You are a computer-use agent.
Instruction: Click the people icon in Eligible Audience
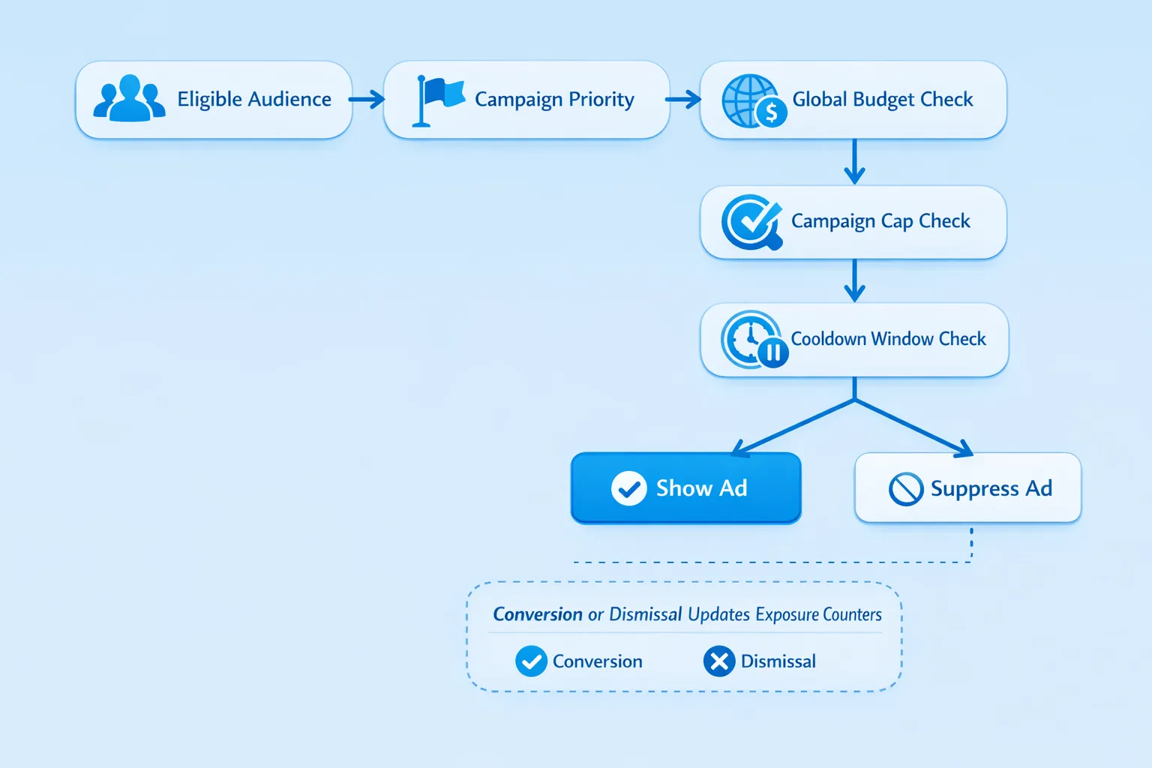click(x=129, y=99)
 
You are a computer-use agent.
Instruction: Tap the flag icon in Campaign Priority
click(x=438, y=100)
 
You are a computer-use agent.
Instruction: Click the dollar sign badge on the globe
click(x=771, y=114)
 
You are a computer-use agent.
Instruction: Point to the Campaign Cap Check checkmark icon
click(x=750, y=220)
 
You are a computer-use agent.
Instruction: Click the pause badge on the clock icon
click(x=772, y=352)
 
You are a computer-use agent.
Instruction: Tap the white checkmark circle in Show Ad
click(x=628, y=489)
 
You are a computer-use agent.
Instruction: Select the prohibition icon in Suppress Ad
click(x=905, y=489)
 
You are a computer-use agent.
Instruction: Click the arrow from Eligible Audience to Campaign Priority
click(x=367, y=100)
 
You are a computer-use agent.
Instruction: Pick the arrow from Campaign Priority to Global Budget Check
click(x=683, y=100)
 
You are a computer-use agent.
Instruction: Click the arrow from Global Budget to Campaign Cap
click(x=854, y=162)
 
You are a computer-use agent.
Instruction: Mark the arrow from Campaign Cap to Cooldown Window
click(x=854, y=280)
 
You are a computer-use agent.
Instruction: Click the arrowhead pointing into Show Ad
click(x=739, y=449)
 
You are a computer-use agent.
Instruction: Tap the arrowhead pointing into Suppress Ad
click(x=964, y=449)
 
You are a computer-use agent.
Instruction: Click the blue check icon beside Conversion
click(x=531, y=661)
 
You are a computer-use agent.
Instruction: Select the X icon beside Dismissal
click(x=718, y=661)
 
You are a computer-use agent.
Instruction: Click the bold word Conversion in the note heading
click(x=537, y=614)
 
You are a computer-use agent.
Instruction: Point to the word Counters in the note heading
click(x=852, y=614)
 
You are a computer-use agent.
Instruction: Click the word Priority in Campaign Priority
click(x=601, y=100)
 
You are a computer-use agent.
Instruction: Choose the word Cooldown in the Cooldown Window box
click(x=828, y=339)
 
